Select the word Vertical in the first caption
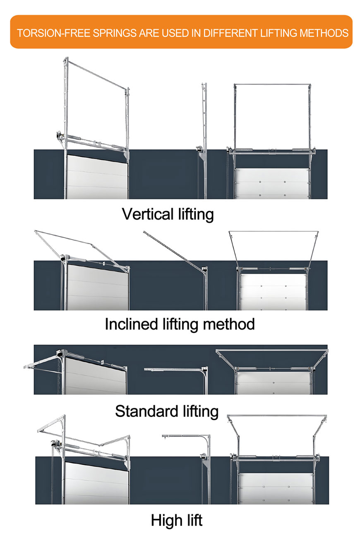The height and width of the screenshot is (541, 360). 148,214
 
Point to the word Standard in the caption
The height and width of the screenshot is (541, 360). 147,411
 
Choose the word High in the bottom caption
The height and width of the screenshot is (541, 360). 164,520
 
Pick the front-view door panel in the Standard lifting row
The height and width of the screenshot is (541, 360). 273,383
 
